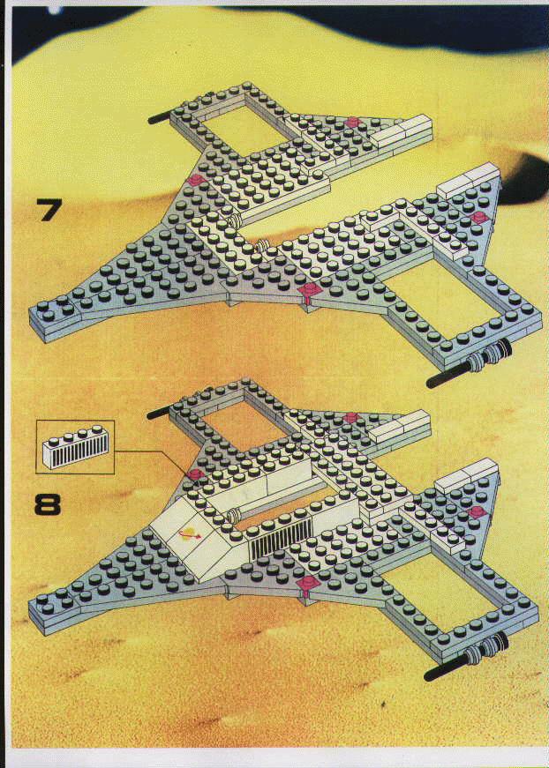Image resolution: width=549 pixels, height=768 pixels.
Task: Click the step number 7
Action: pyautogui.click(x=49, y=210)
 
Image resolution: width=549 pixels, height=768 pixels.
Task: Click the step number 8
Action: pyautogui.click(x=48, y=504)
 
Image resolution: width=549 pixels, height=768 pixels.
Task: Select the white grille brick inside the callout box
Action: pyautogui.click(x=75, y=447)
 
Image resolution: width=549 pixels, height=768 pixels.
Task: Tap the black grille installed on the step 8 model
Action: pyautogui.click(x=281, y=539)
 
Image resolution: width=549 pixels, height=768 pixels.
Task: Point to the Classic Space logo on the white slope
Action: pyautogui.click(x=190, y=535)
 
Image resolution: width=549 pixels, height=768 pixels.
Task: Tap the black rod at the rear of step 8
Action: pyautogui.click(x=158, y=413)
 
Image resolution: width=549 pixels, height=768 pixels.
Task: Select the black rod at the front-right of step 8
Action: pyautogui.click(x=447, y=669)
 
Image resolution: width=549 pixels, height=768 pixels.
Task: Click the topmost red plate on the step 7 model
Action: pyautogui.click(x=352, y=122)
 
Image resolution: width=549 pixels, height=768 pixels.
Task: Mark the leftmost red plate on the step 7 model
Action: pyautogui.click(x=197, y=180)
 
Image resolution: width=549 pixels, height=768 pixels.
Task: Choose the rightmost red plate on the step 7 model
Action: pyautogui.click(x=478, y=218)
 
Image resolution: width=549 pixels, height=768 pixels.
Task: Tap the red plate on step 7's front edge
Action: pyautogui.click(x=310, y=290)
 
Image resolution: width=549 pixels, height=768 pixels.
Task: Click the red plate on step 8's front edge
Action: pyautogui.click(x=308, y=584)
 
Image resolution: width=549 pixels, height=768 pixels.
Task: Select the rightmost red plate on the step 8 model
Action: pyautogui.click(x=477, y=511)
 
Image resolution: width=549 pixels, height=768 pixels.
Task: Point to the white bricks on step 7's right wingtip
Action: pyautogui.click(x=468, y=181)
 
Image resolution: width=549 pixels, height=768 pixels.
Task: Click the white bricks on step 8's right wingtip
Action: pyautogui.click(x=466, y=474)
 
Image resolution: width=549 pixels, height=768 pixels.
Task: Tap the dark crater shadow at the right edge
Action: pyautogui.click(x=524, y=178)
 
